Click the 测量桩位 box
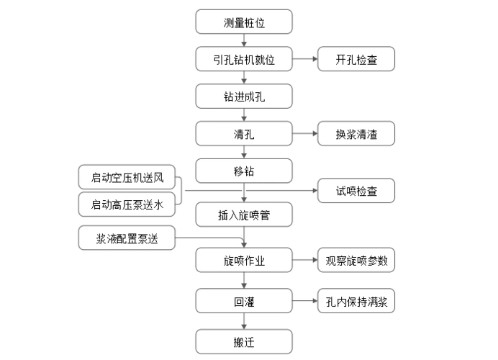click(x=244, y=22)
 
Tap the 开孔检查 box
click(x=356, y=60)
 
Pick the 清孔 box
click(x=244, y=134)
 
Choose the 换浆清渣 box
click(x=356, y=134)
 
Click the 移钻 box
click(x=244, y=172)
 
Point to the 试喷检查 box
click(x=356, y=191)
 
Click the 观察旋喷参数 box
click(x=356, y=261)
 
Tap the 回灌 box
click(x=244, y=302)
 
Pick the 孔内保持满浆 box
click(x=356, y=302)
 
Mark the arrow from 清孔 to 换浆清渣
click(x=305, y=134)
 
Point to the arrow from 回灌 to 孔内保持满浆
click(x=305, y=302)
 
